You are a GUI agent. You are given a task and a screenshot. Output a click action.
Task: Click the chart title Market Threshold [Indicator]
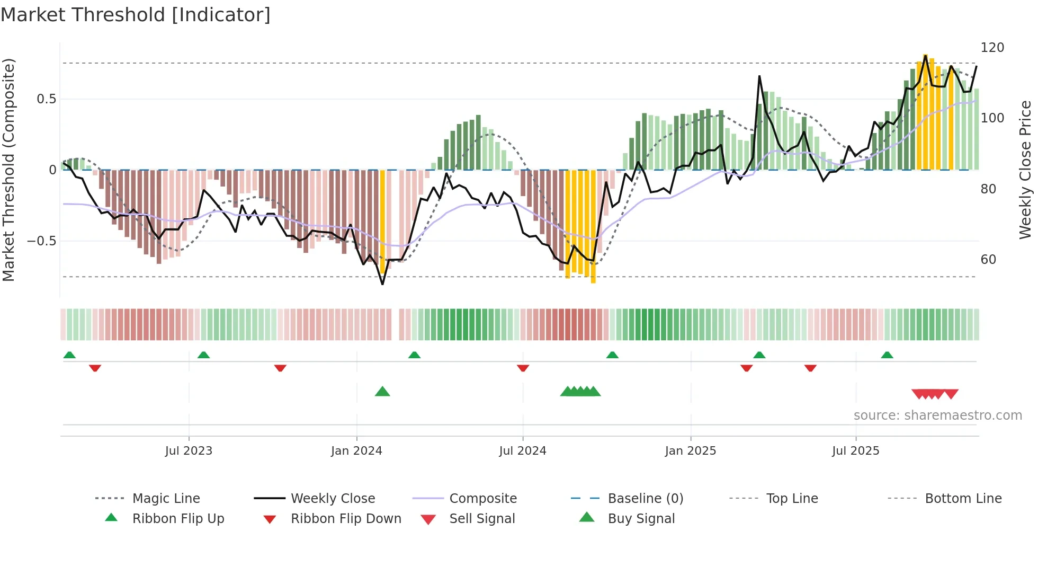tap(136, 15)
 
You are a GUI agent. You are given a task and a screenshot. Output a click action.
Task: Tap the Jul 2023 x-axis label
tap(189, 451)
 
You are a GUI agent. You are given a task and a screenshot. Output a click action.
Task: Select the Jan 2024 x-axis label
tap(356, 451)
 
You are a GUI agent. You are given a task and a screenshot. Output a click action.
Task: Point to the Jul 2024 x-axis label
tap(522, 451)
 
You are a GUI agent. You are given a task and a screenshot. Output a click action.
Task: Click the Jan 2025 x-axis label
tap(690, 451)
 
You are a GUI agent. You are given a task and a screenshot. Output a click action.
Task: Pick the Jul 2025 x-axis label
tap(855, 451)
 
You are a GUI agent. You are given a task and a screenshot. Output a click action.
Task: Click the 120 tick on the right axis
tap(992, 48)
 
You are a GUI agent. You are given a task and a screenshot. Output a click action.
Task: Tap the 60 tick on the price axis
tap(988, 260)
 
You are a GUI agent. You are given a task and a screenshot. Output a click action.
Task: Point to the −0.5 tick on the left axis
tap(41, 241)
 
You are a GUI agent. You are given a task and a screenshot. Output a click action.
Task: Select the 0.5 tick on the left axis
tap(46, 99)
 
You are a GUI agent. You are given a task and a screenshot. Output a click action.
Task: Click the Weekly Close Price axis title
tap(1025, 170)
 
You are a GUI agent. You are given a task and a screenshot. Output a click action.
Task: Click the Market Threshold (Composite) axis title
tap(8, 170)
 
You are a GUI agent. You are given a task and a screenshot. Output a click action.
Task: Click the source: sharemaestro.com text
tap(937, 415)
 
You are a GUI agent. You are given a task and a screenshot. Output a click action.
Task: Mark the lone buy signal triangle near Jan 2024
tap(382, 392)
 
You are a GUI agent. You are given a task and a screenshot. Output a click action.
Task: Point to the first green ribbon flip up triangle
tap(69, 355)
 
